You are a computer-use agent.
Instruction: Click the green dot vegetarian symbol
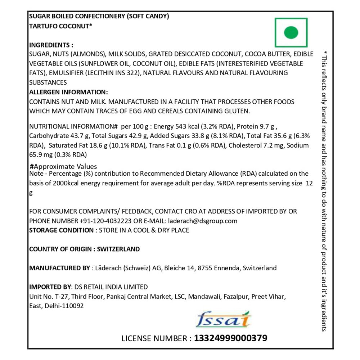(x=291, y=33)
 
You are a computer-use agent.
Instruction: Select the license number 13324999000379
(x=231, y=338)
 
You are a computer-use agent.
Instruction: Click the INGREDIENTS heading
(x=51, y=45)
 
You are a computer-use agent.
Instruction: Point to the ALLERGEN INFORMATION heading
(x=68, y=92)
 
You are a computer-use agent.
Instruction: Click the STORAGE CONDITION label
(x=61, y=230)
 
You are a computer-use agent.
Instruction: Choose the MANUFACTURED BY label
(x=59, y=268)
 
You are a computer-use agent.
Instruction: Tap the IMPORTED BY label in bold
(x=50, y=287)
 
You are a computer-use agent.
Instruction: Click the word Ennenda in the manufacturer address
(x=228, y=268)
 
